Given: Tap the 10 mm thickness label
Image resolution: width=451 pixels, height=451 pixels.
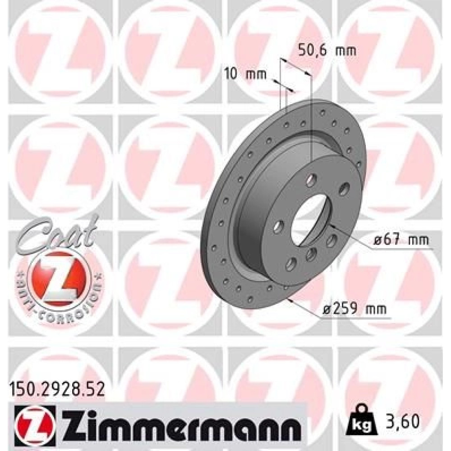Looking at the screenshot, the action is (245, 74).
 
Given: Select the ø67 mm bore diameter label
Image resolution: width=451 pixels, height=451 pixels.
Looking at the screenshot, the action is (401, 239).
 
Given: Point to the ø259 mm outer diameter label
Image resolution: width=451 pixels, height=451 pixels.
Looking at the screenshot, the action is (354, 309).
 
